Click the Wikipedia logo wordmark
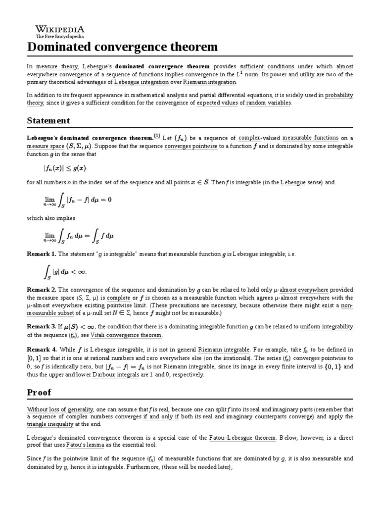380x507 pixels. pyautogui.click(x=59, y=30)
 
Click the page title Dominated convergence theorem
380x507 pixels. pyautogui.click(x=122, y=47)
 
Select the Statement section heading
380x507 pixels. pyautogui.click(x=48, y=121)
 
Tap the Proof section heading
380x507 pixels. pyautogui.click(x=39, y=392)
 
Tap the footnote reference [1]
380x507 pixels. pyautogui.click(x=157, y=136)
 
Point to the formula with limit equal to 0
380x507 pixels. pyautogui.click(x=77, y=200)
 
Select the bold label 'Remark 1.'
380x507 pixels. pyautogui.click(x=41, y=253)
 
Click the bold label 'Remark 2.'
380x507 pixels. pyautogui.click(x=41, y=289)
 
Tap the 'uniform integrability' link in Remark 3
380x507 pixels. pyautogui.click(x=327, y=327)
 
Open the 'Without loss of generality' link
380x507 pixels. pyautogui.click(x=60, y=409)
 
